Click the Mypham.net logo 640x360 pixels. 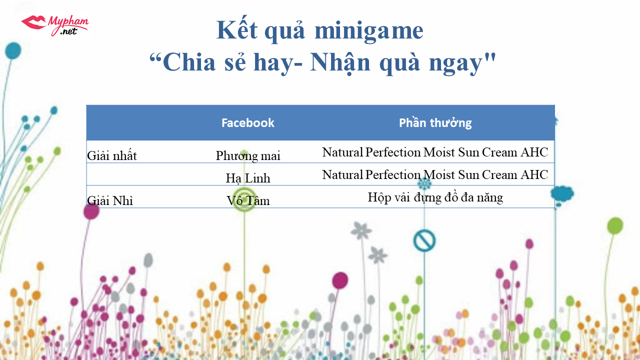coord(55,25)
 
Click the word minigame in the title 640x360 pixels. coord(368,31)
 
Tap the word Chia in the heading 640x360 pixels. coord(189,62)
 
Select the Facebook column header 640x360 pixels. coord(247,123)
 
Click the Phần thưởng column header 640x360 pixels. coord(435,123)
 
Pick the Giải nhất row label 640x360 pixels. coord(111,155)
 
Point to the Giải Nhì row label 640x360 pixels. coord(110,200)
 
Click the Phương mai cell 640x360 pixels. coord(247,156)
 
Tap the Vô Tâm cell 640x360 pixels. coord(247,200)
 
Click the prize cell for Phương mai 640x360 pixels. coord(435,152)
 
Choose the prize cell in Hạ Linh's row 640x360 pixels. coord(435,174)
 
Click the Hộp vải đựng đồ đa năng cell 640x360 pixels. coord(435,197)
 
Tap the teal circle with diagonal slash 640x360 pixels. coord(424,240)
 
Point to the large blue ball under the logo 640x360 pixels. coord(13,51)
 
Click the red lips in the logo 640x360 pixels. coord(33,22)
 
